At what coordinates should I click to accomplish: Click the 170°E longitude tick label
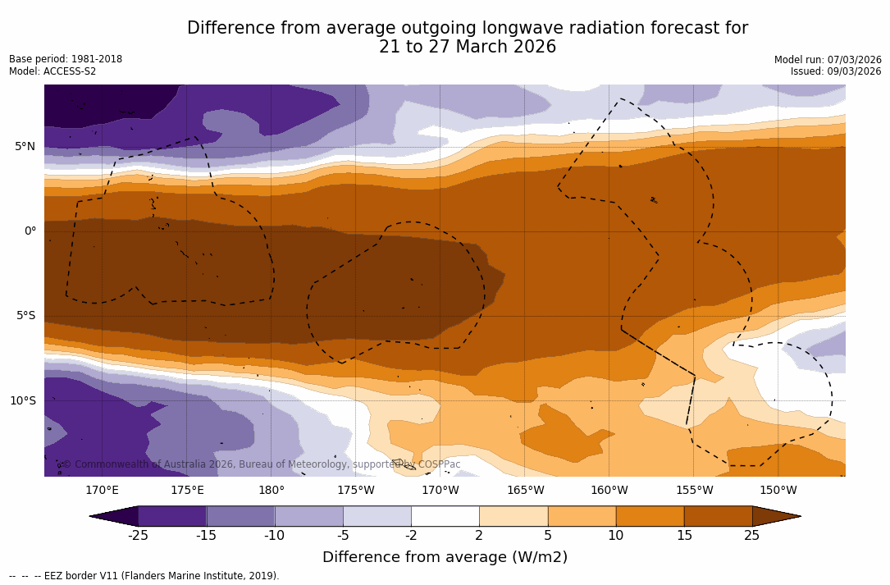103,491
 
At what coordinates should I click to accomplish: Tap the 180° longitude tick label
272,491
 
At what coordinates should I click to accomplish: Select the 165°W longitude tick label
525,491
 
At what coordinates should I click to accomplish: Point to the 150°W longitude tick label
778,491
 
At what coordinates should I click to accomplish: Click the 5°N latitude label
25,147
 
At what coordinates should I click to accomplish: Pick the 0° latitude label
30,231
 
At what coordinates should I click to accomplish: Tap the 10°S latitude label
23,401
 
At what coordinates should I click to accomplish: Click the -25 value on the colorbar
138,536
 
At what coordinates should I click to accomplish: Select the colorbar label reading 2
479,536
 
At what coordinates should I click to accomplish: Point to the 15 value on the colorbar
684,536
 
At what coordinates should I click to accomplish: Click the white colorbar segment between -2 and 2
445,516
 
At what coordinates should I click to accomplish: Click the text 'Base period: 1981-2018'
66,59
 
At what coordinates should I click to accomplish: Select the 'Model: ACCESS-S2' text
52,71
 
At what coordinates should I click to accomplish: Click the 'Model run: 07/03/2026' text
828,60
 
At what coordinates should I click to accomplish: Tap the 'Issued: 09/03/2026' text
836,71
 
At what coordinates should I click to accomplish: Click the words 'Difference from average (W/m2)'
445,558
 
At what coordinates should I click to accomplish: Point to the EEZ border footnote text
144,576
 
